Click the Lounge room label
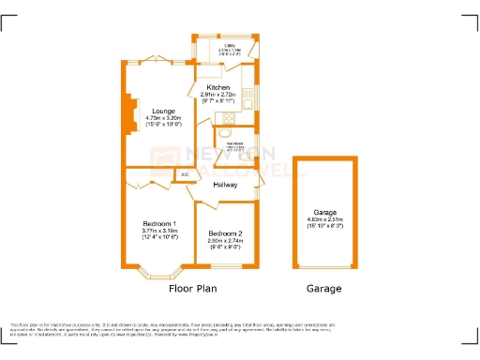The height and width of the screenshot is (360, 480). pos(163,112)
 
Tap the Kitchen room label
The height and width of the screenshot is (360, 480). pos(218,87)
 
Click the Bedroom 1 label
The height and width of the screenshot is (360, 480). pos(158,222)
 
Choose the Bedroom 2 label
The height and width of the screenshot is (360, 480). pos(225,232)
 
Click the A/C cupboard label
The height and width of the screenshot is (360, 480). pos(184,174)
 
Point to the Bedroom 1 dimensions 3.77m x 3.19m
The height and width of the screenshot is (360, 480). pos(158,233)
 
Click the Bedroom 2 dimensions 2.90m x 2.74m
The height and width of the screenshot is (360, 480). pos(225,243)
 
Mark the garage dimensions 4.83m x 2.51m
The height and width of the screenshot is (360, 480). pos(326,222)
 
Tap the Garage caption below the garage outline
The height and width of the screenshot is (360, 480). pos(324,288)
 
